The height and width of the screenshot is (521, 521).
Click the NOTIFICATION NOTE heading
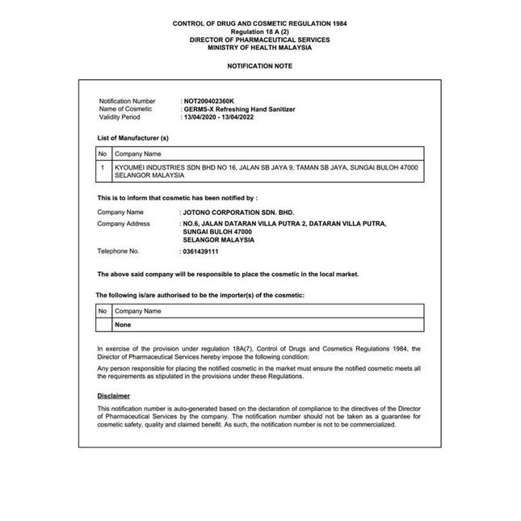point(259,65)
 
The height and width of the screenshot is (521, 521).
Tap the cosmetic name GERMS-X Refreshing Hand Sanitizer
point(240,109)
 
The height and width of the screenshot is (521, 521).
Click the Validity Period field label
point(120,117)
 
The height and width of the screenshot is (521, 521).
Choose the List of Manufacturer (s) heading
point(132,138)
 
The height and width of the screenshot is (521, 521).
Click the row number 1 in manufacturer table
point(103,167)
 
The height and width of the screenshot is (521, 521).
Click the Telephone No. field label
point(118,251)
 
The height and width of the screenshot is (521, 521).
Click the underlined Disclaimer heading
point(113,396)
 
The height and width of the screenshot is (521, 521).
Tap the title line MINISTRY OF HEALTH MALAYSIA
point(259,48)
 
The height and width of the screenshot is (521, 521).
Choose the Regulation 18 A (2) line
point(259,32)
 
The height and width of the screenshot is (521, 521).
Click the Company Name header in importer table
point(138,310)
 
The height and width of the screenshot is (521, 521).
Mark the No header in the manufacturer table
point(103,153)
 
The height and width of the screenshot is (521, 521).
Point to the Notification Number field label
point(127,101)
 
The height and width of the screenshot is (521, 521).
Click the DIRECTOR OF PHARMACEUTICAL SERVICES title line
point(259,40)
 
